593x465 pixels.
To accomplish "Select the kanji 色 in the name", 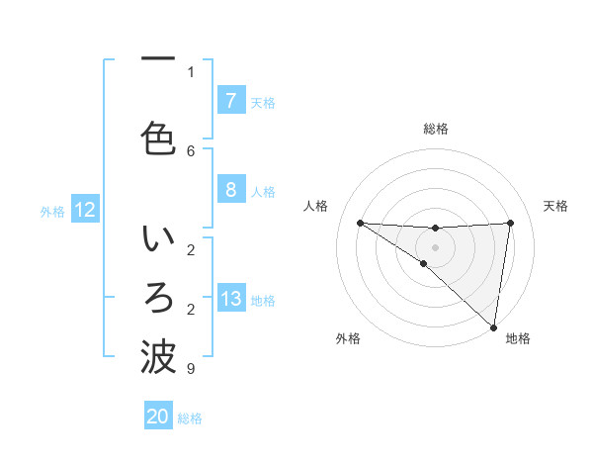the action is coord(158,136).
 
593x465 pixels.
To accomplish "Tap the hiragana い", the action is coord(158,240).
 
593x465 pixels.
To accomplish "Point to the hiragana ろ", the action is coord(158,297).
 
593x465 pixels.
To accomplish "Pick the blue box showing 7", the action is coord(230,101).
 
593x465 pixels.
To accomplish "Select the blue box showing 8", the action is coord(230,190).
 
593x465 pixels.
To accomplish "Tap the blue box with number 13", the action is coord(230,299).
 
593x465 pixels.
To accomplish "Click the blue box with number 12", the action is coord(84,210).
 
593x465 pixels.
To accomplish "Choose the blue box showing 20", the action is coord(157,417).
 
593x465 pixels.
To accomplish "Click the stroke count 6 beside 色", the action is coord(191,150).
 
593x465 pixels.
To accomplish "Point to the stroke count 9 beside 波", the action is coord(191,369).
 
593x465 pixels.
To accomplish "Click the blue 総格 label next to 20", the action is coord(190,418).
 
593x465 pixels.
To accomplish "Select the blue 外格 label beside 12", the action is coord(52,211).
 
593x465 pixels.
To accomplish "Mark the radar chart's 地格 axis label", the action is coord(518,338).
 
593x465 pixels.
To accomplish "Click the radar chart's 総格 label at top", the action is coord(435,129).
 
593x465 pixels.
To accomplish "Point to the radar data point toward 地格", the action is coord(493,326).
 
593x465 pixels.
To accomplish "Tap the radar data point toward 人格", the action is coord(360,223).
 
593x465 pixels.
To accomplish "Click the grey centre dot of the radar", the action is coord(435,245).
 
